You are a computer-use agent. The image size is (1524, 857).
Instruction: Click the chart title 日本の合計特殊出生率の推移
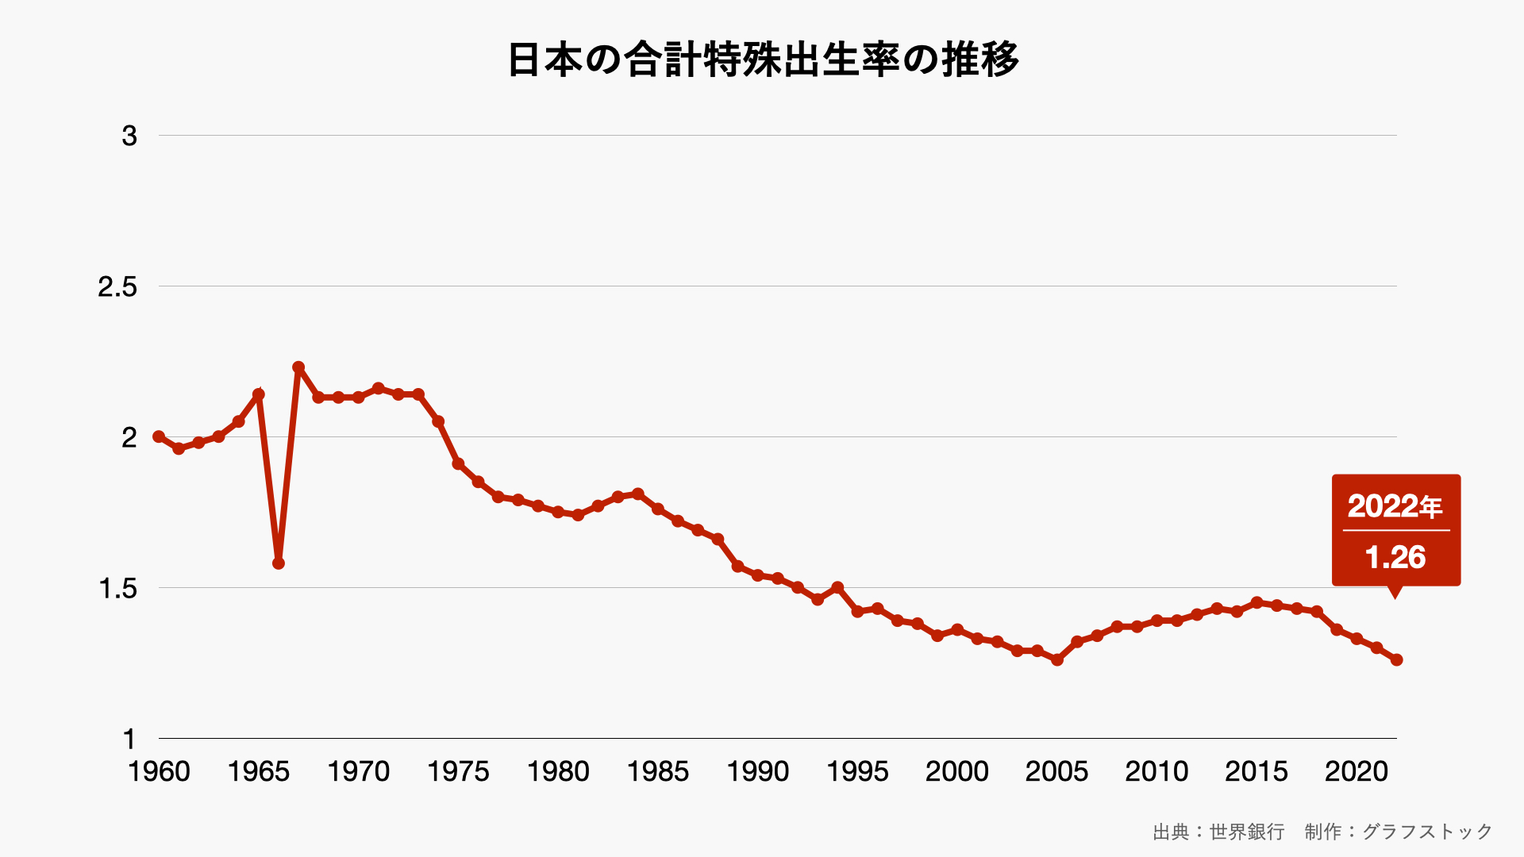[762, 60]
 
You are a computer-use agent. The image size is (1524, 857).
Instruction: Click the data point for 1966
[279, 563]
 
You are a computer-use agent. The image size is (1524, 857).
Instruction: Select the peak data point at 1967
[298, 367]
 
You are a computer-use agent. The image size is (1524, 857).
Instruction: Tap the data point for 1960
[159, 436]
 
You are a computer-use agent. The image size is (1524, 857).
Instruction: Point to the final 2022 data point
[1397, 659]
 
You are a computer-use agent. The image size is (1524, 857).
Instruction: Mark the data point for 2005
[1057, 659]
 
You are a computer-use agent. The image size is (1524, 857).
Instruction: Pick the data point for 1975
[458, 463]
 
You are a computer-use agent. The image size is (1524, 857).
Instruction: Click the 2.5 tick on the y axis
[117, 286]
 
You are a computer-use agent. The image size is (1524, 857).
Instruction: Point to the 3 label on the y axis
[129, 136]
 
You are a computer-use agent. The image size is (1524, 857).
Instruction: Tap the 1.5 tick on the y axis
[117, 588]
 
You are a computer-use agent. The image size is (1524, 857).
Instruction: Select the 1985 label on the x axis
[658, 771]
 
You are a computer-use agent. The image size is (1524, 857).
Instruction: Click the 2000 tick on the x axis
[957, 771]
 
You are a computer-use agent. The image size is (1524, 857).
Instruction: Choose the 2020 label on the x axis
[1357, 771]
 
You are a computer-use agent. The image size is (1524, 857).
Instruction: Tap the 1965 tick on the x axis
[259, 771]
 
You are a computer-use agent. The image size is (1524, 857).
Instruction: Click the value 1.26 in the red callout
[1395, 557]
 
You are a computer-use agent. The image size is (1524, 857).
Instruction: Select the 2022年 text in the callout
[1395, 506]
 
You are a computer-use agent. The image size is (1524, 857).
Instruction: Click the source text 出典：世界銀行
[1218, 832]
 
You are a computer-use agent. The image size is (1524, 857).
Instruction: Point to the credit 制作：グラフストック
[1399, 832]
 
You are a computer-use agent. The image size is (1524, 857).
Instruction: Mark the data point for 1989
[738, 567]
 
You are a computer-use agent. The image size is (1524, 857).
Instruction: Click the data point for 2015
[1257, 603]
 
